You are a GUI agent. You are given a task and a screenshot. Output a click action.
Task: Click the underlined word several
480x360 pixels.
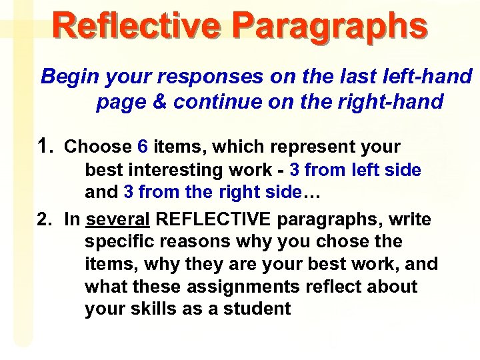tap(118, 219)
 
